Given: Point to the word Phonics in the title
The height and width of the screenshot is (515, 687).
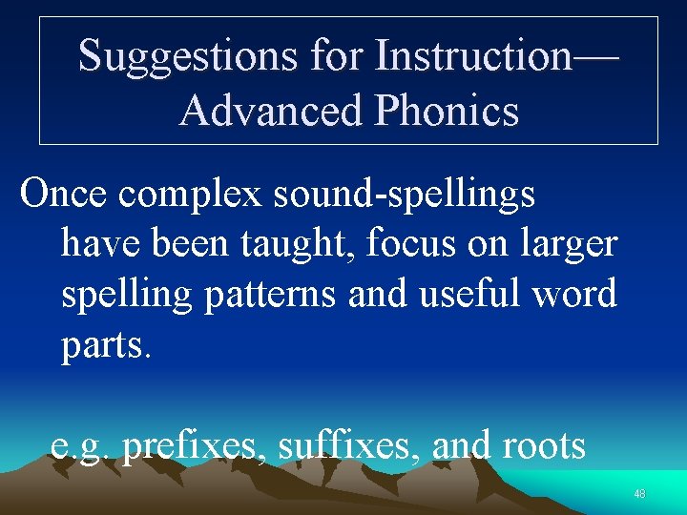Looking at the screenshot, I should (x=448, y=112).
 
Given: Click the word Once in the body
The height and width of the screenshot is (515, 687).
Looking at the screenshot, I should (x=64, y=194).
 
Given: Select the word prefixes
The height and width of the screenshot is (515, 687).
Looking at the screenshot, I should (x=195, y=445).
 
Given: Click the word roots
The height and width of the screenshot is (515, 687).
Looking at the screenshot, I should (x=543, y=445).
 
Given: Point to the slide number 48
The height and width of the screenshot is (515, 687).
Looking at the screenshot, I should (x=639, y=494).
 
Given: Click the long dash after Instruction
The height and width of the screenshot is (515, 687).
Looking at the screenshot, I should (x=595, y=57).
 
